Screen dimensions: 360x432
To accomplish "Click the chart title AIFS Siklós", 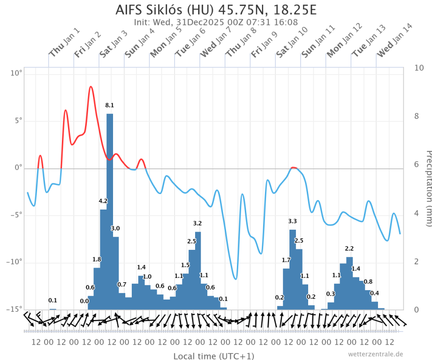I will pyautogui.click(x=216, y=10).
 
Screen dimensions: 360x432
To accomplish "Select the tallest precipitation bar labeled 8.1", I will pyautogui.click(x=110, y=211).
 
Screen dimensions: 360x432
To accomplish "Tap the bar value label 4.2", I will pyautogui.click(x=103, y=201).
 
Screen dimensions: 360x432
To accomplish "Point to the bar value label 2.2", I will pyautogui.click(x=349, y=248).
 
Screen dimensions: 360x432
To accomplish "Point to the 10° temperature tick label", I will pyautogui.click(x=16, y=74).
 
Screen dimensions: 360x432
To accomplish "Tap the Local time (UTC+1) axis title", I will pyautogui.click(x=214, y=356).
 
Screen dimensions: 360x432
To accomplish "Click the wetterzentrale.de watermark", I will pyautogui.click(x=375, y=354).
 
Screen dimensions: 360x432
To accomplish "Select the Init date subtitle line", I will pyautogui.click(x=216, y=22).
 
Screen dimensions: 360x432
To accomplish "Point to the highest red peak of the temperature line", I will pyautogui.click(x=91, y=87).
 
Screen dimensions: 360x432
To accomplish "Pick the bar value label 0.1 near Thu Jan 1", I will pyautogui.click(x=53, y=300).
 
